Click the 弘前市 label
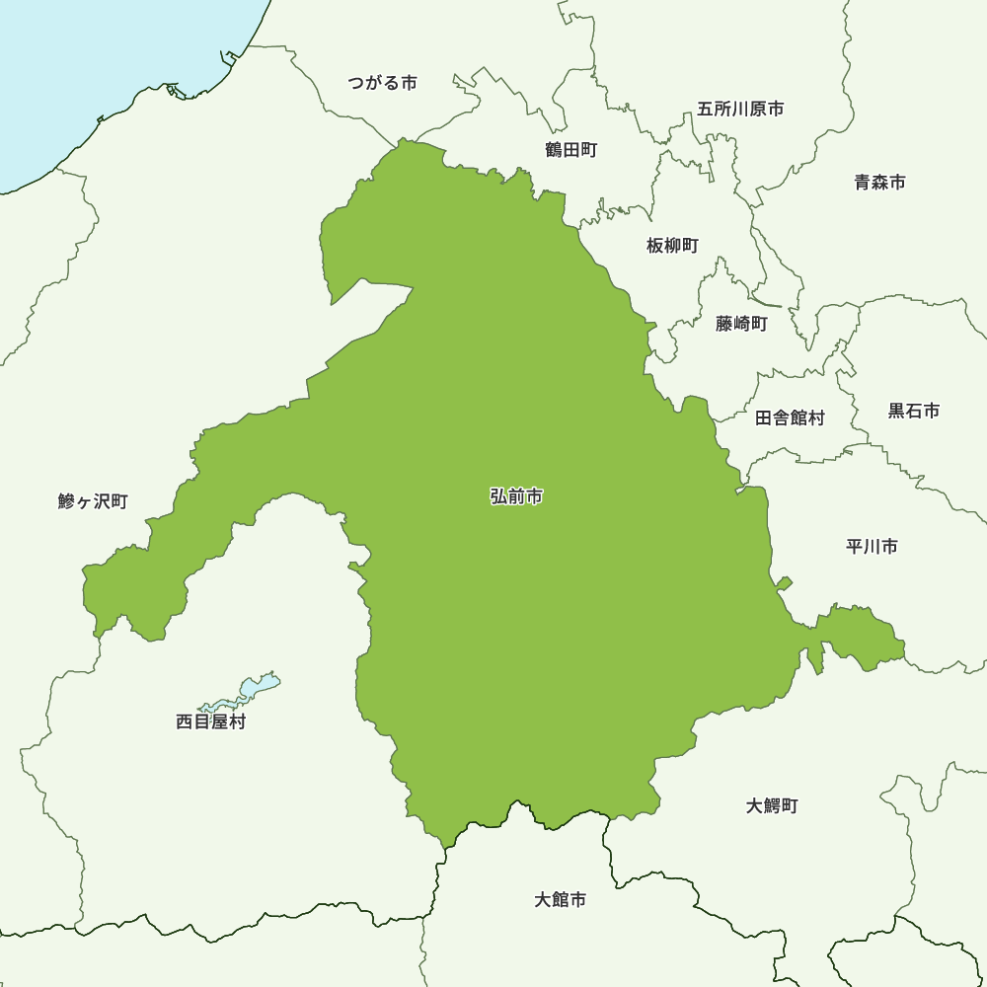[516, 496]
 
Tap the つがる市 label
[382, 83]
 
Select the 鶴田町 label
[570, 150]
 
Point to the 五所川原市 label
[740, 109]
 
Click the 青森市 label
[879, 182]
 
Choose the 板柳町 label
[672, 245]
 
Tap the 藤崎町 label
[741, 323]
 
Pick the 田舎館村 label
[790, 418]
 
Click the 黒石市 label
[913, 411]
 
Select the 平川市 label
[872, 546]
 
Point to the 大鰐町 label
[772, 805]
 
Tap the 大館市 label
[560, 900]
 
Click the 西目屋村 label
[210, 721]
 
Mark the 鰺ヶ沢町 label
[93, 501]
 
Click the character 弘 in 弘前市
[498, 496]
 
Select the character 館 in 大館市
[560, 900]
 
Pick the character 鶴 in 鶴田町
[554, 150]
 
